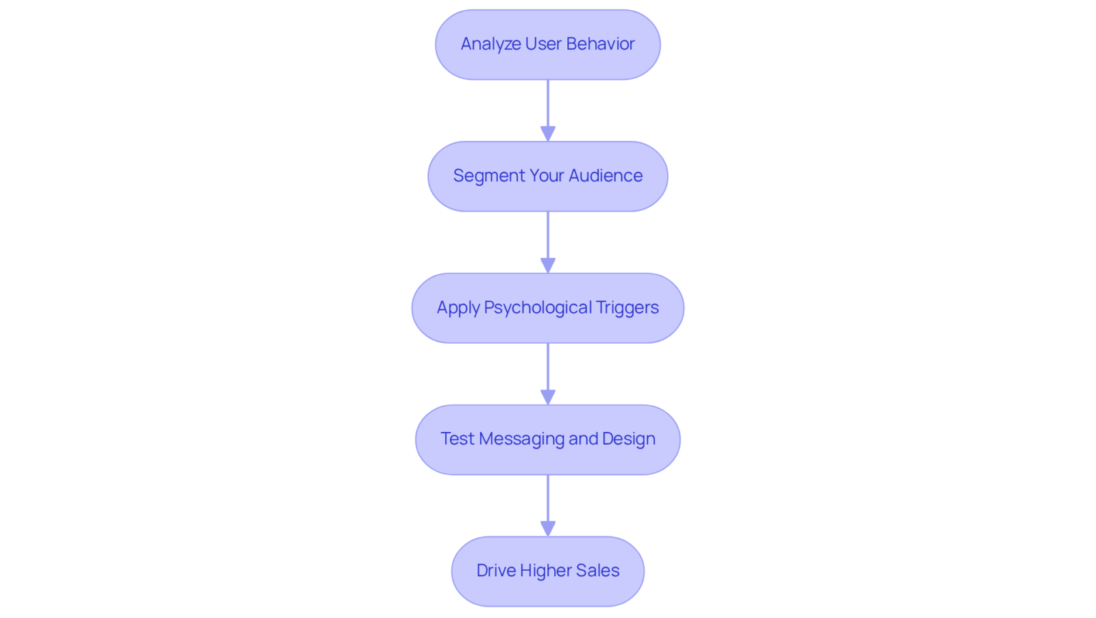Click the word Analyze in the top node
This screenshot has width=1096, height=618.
point(490,44)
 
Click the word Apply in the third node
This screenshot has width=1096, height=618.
point(458,308)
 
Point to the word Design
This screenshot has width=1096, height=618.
point(629,439)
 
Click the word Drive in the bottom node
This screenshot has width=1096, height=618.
point(496,571)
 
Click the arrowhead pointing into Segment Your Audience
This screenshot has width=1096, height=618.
point(548,134)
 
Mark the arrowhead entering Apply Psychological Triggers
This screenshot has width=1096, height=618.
point(548,266)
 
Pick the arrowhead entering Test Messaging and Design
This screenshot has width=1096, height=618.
point(548,397)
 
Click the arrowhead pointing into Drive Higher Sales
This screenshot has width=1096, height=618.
point(548,528)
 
